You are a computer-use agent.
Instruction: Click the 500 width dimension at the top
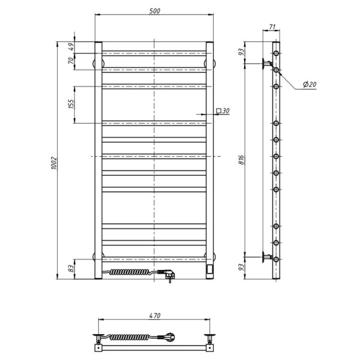(155, 11)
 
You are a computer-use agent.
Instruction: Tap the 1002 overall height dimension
(53, 163)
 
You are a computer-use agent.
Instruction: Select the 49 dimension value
(71, 47)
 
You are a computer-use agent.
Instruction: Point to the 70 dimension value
(71, 61)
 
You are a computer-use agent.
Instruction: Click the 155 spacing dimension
(71, 104)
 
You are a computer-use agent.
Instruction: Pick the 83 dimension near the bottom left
(71, 268)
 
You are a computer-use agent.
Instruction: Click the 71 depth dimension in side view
(272, 27)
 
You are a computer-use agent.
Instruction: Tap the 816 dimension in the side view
(241, 160)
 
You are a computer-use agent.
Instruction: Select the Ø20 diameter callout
(310, 85)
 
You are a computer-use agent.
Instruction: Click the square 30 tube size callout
(223, 111)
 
